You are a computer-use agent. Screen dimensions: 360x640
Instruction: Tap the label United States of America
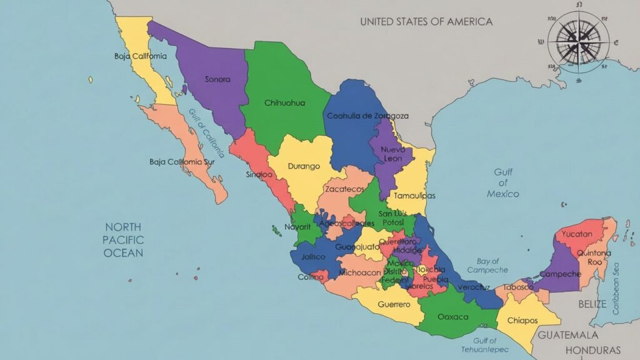click(x=426, y=21)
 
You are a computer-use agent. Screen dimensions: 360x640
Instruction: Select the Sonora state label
click(x=217, y=79)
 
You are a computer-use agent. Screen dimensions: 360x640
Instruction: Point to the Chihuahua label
click(x=285, y=102)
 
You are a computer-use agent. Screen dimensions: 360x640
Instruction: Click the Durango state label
click(x=304, y=166)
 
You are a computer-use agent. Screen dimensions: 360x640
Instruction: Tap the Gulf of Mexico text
click(x=503, y=182)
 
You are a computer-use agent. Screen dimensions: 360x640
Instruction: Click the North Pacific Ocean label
click(x=123, y=240)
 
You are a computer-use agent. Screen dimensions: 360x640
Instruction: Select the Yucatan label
click(x=577, y=234)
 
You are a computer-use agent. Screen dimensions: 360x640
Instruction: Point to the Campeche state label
click(x=560, y=274)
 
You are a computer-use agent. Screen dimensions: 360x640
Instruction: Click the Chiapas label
click(x=522, y=320)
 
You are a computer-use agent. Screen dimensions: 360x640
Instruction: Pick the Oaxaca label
click(x=453, y=317)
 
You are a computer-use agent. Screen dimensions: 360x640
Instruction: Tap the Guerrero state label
click(x=394, y=304)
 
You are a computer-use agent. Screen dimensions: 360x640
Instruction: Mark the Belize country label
click(x=592, y=304)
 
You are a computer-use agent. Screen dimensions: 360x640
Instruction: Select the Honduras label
click(x=593, y=350)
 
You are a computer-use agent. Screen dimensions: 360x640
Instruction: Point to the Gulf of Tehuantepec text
click(x=490, y=345)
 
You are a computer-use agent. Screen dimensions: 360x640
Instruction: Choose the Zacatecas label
click(x=344, y=188)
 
